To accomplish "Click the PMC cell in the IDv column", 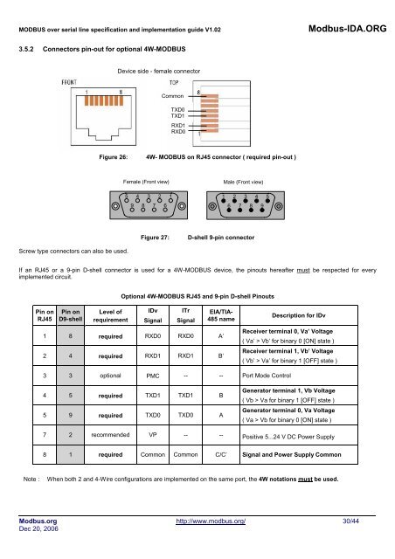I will tap(152, 376).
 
